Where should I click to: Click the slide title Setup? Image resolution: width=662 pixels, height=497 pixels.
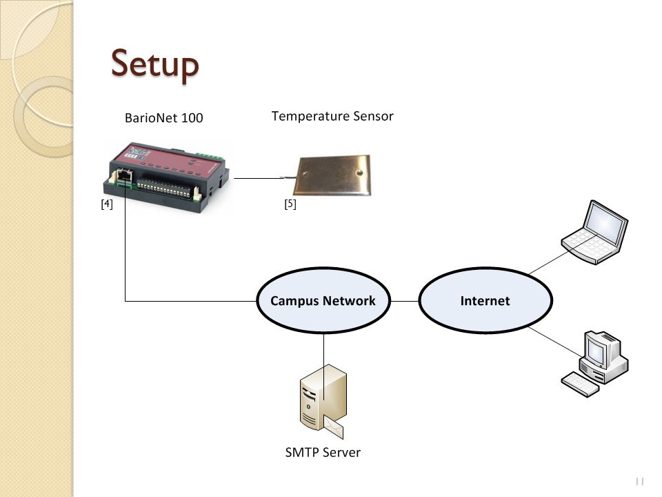click(x=154, y=64)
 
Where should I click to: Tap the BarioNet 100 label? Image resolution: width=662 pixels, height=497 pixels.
click(x=164, y=117)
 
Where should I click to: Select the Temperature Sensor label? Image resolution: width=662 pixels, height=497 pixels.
click(x=332, y=116)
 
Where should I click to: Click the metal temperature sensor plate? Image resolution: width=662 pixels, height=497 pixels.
click(x=334, y=176)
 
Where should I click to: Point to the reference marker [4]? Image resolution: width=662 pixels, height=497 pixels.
click(x=107, y=204)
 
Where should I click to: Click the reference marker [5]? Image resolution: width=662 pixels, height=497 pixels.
click(x=290, y=204)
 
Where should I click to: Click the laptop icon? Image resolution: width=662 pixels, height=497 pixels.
click(x=594, y=232)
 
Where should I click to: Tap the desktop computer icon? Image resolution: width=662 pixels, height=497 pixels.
click(x=594, y=364)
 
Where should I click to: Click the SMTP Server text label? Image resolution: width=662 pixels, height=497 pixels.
click(x=323, y=452)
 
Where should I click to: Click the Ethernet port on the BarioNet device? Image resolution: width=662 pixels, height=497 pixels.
click(x=124, y=175)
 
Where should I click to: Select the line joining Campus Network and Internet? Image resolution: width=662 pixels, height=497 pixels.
click(x=405, y=302)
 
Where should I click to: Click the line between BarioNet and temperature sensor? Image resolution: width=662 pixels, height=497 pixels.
click(x=259, y=178)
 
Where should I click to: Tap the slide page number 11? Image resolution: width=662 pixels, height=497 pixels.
click(x=639, y=481)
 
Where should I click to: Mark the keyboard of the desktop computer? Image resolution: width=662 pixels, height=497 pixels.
click(x=580, y=384)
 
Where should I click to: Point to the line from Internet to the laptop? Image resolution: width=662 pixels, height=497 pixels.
click(x=548, y=263)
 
